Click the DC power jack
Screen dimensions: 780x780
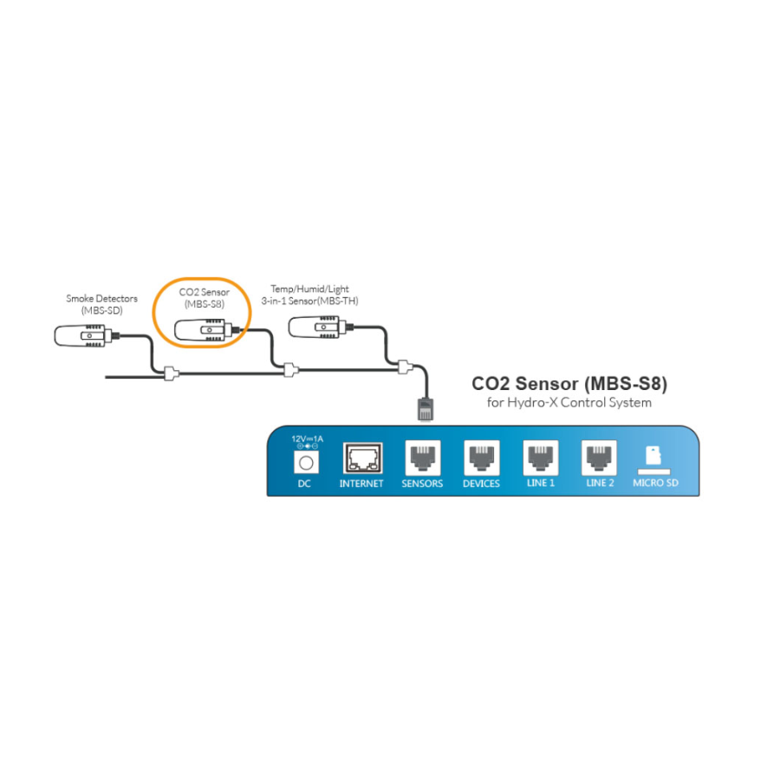(304, 460)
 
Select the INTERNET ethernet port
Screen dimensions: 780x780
(361, 458)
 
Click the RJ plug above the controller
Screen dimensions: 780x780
(425, 407)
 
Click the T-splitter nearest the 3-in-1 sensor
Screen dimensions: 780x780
(403, 367)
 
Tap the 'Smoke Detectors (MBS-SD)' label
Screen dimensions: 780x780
(101, 304)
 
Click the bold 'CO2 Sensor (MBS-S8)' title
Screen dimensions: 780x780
(569, 382)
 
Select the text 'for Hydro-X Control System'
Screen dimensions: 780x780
(569, 402)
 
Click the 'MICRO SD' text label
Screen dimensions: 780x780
(655, 483)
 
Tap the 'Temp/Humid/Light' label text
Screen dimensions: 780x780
(305, 289)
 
